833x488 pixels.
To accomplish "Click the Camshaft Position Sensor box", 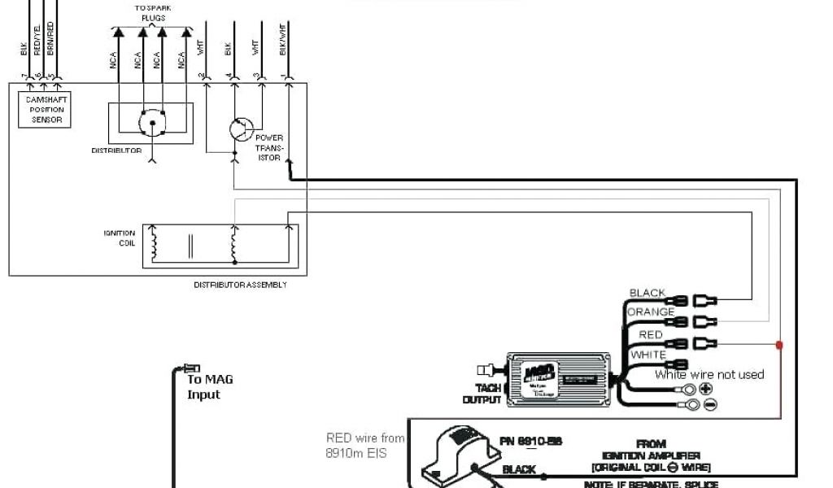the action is (45, 109).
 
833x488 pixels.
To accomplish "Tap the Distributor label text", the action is (116, 150).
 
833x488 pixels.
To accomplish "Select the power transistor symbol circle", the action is (240, 130).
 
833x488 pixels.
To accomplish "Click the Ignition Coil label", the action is (120, 237).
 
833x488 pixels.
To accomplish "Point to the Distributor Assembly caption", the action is (240, 285).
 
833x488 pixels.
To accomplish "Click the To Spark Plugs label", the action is (152, 11).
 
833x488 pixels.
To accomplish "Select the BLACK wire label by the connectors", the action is (647, 293).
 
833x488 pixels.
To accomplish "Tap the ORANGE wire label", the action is (650, 312).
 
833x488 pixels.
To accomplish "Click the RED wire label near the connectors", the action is (651, 334).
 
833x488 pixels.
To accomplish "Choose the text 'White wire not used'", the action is (709, 375).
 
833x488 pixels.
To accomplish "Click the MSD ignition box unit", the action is (559, 378).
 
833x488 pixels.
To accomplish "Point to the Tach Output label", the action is (482, 394).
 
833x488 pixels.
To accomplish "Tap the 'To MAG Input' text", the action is (210, 386).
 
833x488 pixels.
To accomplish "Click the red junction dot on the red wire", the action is (779, 345).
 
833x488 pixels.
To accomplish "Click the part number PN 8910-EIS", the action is (530, 441).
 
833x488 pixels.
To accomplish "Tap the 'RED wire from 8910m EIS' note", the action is (364, 444).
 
